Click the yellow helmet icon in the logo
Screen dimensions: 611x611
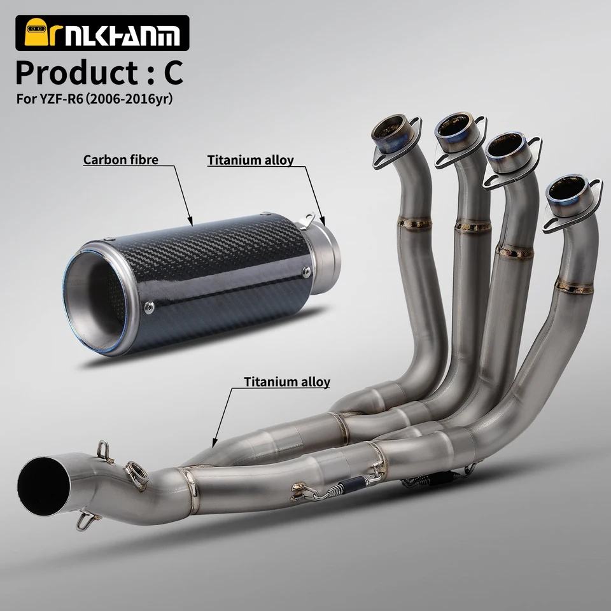tap(37, 32)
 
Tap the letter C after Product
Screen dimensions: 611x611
tap(173, 73)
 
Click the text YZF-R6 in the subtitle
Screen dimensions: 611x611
tap(61, 99)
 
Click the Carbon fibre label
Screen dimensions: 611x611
tap(121, 160)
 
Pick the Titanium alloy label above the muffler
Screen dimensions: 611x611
tap(250, 160)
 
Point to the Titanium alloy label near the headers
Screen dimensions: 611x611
tap(287, 382)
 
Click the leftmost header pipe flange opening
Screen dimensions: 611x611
tap(393, 128)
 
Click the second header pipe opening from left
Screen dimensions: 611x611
tap(457, 127)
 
